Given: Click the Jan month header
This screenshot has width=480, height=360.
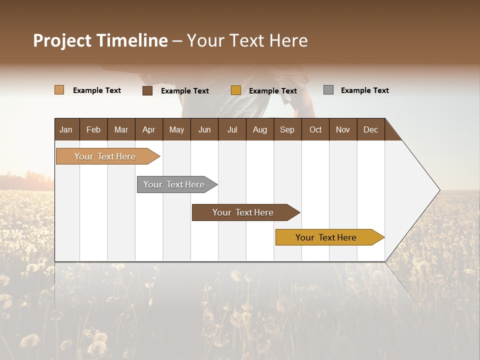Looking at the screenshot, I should tap(66, 129).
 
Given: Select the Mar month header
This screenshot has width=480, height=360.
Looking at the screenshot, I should tap(121, 129).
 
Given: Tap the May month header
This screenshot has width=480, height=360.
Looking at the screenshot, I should tap(176, 129).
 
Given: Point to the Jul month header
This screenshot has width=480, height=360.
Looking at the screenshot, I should tap(232, 129).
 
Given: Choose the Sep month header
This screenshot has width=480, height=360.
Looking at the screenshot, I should tap(287, 129).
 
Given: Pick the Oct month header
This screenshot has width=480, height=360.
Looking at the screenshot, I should tap(315, 129).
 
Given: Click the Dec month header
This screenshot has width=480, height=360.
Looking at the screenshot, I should tap(370, 129).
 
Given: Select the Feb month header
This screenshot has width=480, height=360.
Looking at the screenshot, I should tap(93, 129).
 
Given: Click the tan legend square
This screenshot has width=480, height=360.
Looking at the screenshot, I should tap(59, 90).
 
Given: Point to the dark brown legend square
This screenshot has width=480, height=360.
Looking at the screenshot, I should tap(147, 90).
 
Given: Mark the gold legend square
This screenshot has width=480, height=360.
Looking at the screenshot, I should tap(236, 90).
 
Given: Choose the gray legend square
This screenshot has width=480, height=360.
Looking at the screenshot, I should tap(328, 90).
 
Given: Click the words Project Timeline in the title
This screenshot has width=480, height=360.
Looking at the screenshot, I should tap(100, 40).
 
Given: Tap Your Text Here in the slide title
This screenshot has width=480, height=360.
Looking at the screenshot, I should tap(247, 40).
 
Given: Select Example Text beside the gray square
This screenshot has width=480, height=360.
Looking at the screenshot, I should tap(364, 90).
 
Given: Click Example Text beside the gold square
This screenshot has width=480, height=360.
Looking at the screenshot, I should tap(272, 91).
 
